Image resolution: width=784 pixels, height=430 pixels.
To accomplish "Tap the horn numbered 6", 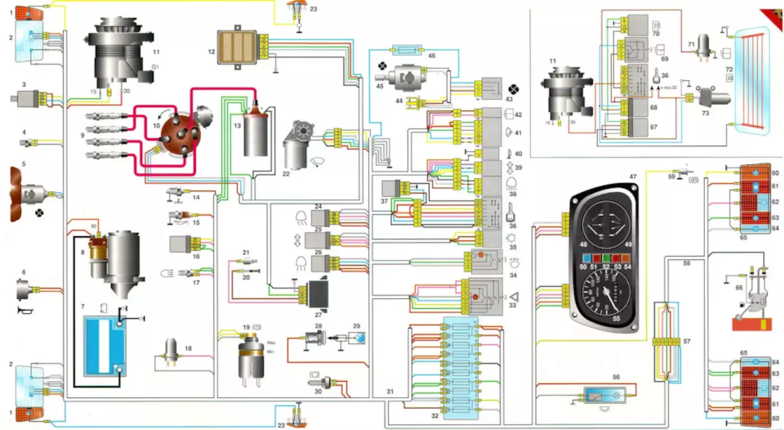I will [x=24, y=291].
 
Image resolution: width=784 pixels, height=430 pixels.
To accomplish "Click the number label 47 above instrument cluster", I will [x=633, y=176].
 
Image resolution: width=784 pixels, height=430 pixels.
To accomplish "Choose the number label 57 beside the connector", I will [x=687, y=342].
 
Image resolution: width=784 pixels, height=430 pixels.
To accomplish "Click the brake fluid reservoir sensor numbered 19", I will [x=248, y=357].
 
